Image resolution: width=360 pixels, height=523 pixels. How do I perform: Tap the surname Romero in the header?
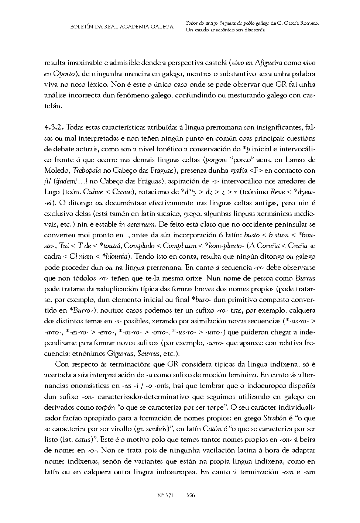click(x=308, y=23)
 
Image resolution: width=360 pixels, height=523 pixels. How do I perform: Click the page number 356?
click(x=191, y=496)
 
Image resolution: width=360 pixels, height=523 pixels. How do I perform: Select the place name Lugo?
click(x=52, y=192)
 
